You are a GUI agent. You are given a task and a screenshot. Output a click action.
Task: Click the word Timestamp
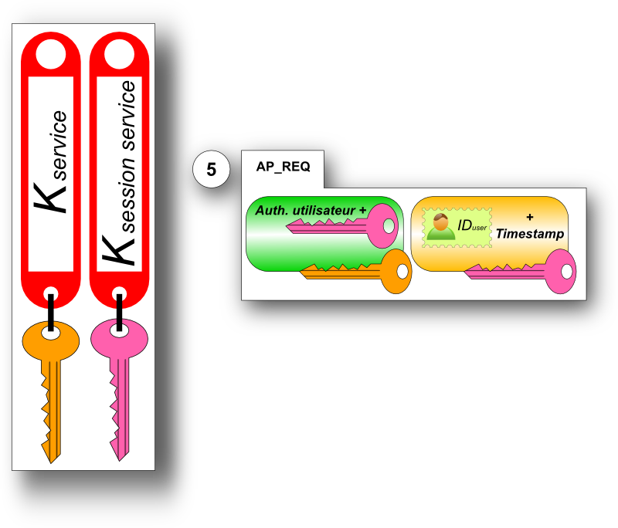click(529, 233)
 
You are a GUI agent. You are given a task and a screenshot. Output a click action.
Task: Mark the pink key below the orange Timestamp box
click(525, 272)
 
